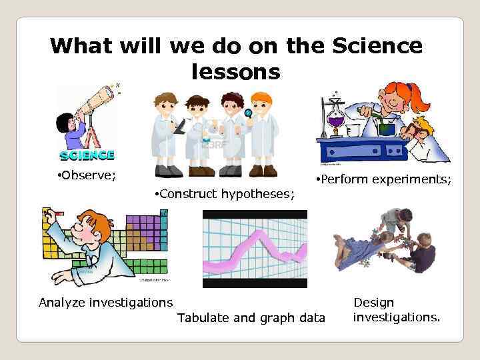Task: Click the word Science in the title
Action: [x=377, y=46]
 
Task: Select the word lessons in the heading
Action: [x=236, y=71]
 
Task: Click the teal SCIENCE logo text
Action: [x=87, y=155]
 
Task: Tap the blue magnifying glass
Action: [x=248, y=113]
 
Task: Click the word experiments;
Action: [x=416, y=180]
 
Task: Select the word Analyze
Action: [x=64, y=303]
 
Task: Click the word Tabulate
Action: [x=203, y=318]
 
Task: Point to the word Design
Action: [x=373, y=303]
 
